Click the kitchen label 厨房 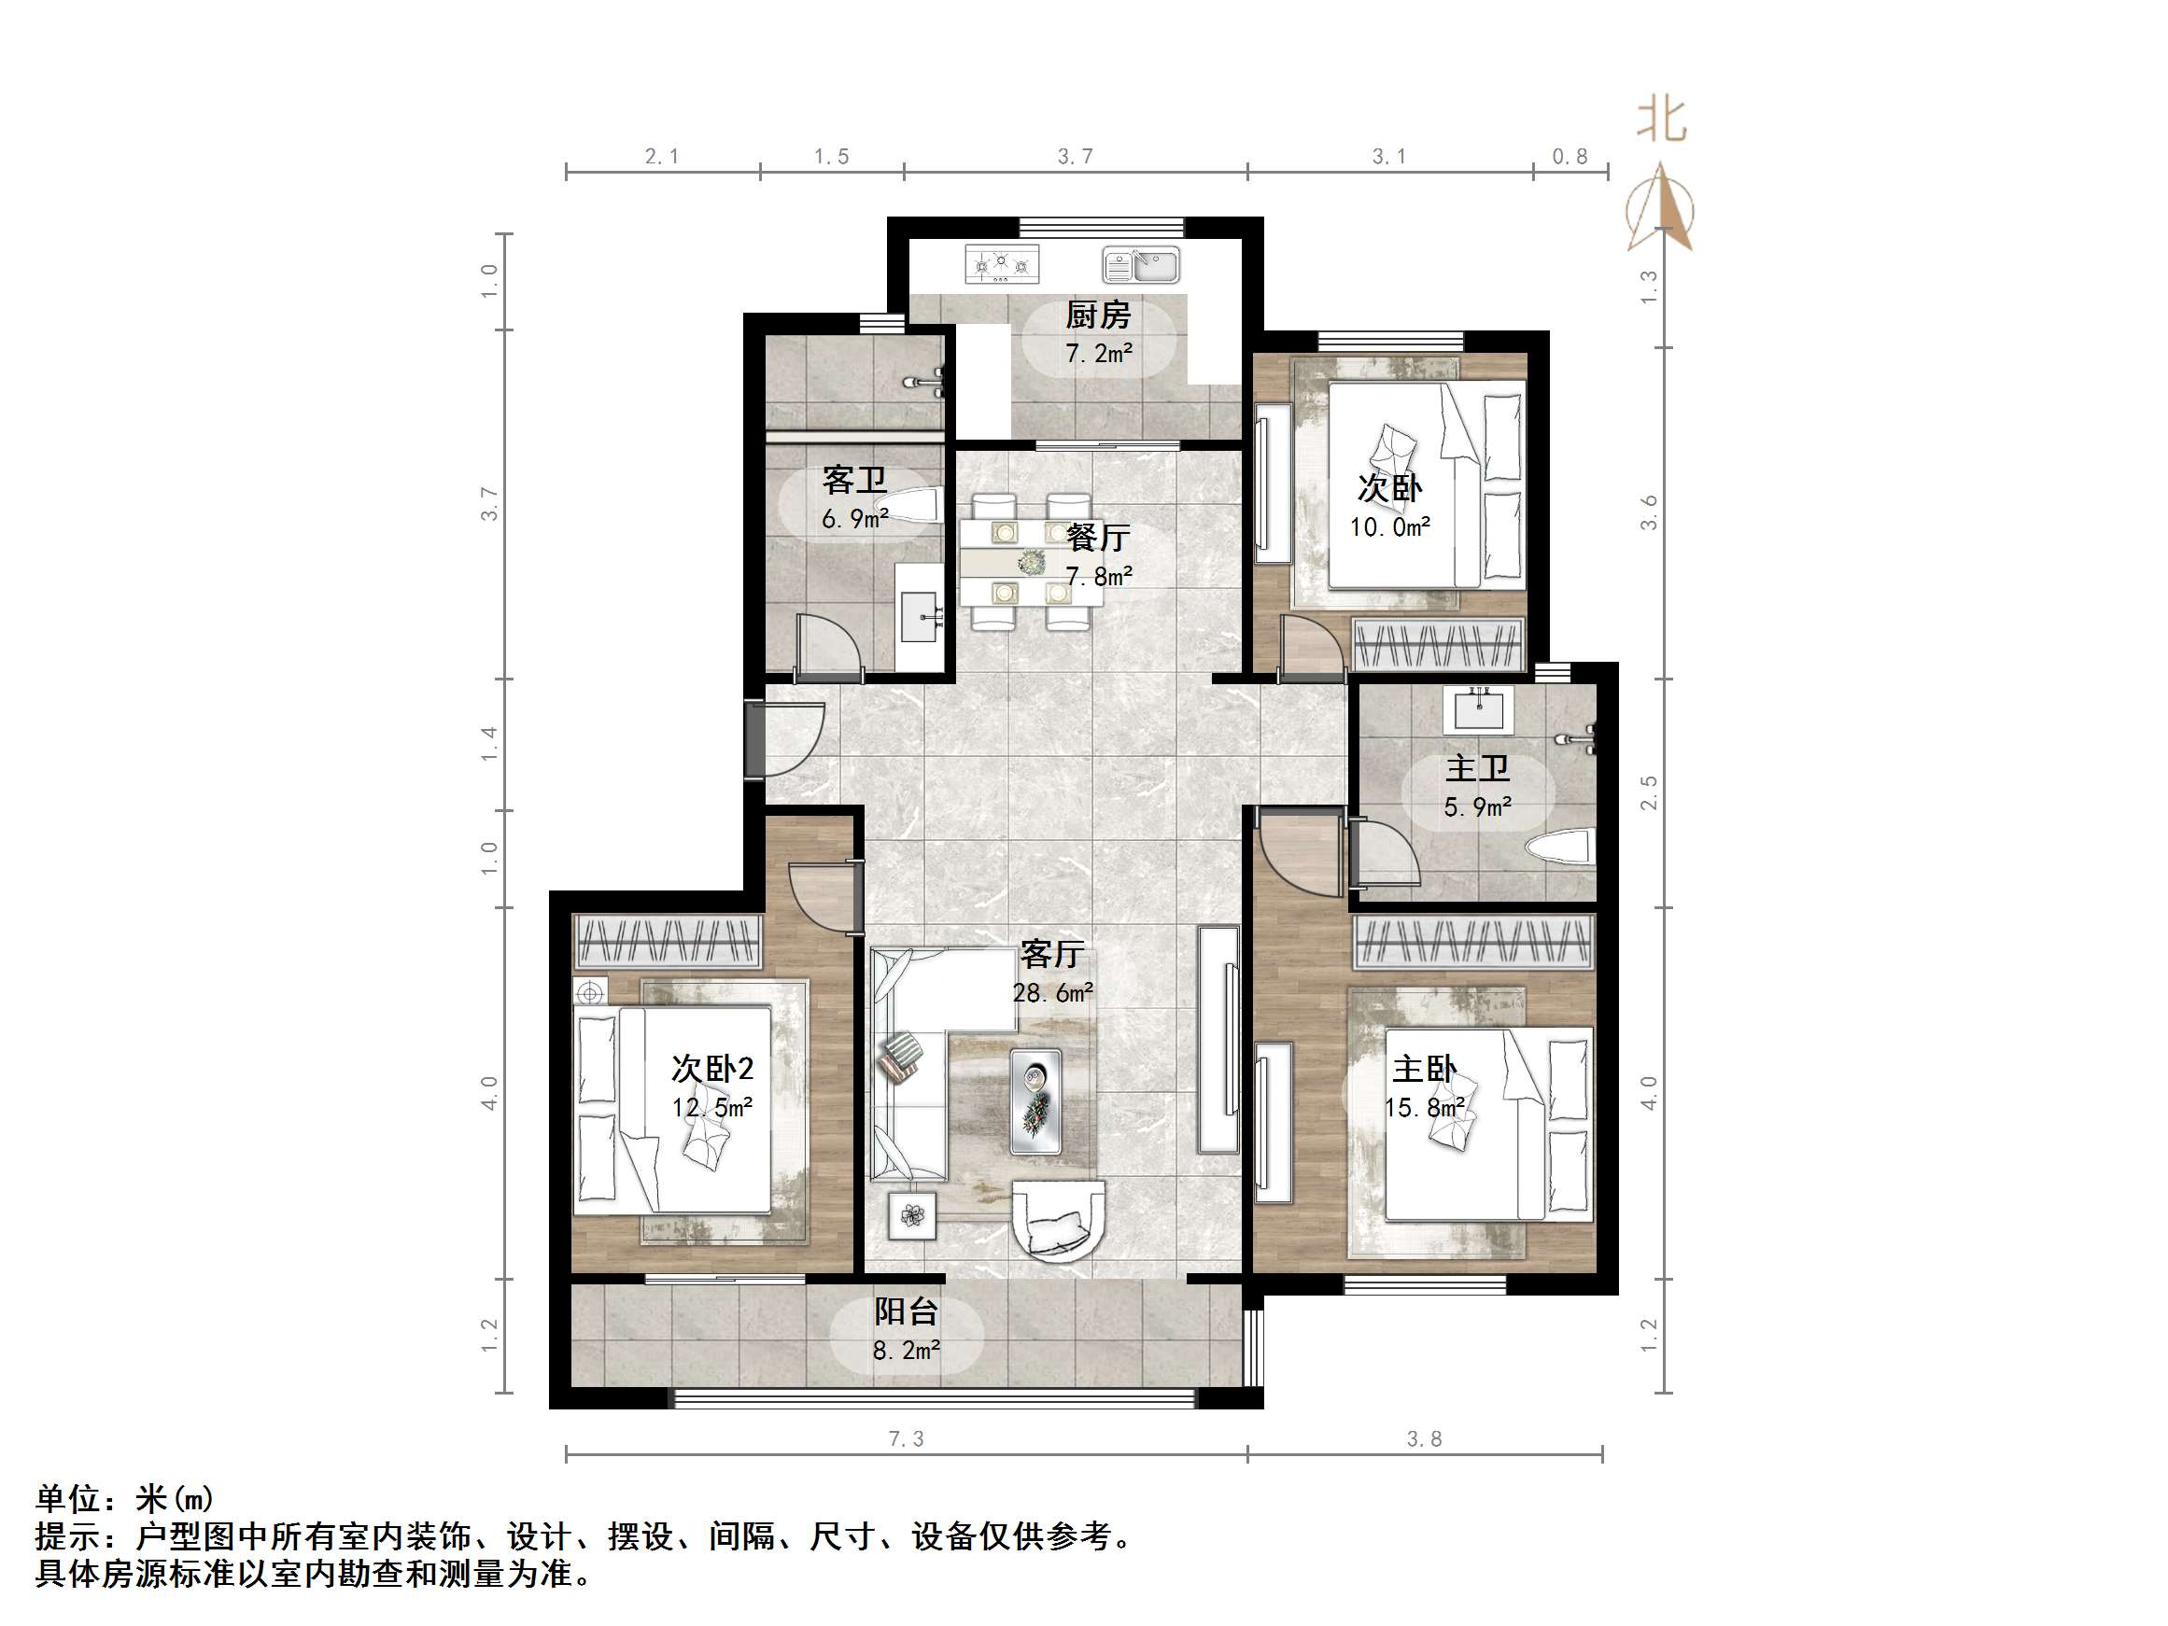tap(1098, 315)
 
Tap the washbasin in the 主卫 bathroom tap(1478, 708)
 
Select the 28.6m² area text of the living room tap(1052, 993)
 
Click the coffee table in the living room tap(1035, 1100)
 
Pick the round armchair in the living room tap(1058, 1220)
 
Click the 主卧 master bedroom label tap(1425, 1069)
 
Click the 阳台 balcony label tap(907, 1311)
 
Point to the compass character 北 tap(1661, 121)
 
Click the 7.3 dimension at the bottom tap(906, 1438)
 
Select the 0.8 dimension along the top tap(1570, 157)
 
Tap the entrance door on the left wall tap(754, 740)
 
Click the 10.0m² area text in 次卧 tap(1390, 527)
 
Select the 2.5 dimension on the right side tap(1649, 792)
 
